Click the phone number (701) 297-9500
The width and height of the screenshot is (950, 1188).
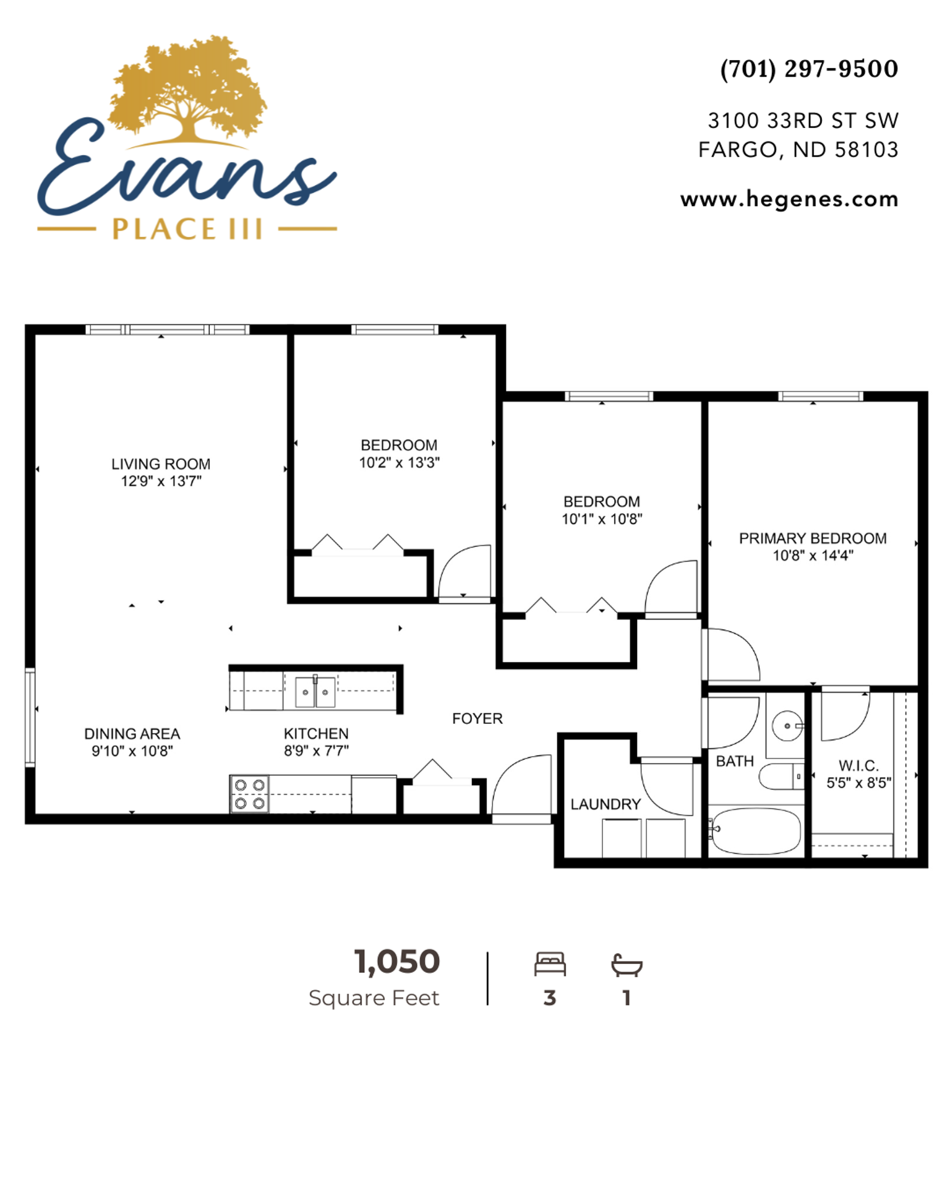coord(809,69)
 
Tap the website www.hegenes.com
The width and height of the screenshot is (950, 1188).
coord(789,199)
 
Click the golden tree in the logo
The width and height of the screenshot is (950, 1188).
coord(188,90)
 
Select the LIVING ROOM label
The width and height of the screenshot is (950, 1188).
coord(161,464)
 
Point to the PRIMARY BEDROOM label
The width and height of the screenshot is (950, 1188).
coord(813,538)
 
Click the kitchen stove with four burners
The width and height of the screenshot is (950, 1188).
coord(249,794)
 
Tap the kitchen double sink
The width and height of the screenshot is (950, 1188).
coord(315,692)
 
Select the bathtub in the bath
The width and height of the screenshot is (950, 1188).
coord(755,831)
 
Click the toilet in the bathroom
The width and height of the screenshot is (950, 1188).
coord(781,777)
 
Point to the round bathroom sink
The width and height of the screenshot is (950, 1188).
coord(787,726)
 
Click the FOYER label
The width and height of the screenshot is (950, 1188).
coord(477,718)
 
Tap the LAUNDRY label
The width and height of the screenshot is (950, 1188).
coord(606,804)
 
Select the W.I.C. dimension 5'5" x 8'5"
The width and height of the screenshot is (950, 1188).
coord(859,783)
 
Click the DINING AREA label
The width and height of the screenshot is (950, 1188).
coord(132,734)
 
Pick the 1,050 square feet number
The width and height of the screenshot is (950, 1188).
coord(397,962)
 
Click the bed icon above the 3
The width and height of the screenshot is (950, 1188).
coord(550,964)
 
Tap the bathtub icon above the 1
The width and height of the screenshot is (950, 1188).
coord(627,965)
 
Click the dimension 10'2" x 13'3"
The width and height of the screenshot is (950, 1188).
coord(400,463)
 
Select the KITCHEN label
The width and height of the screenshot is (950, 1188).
coord(316,734)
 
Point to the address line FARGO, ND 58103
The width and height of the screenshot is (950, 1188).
coord(798,150)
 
